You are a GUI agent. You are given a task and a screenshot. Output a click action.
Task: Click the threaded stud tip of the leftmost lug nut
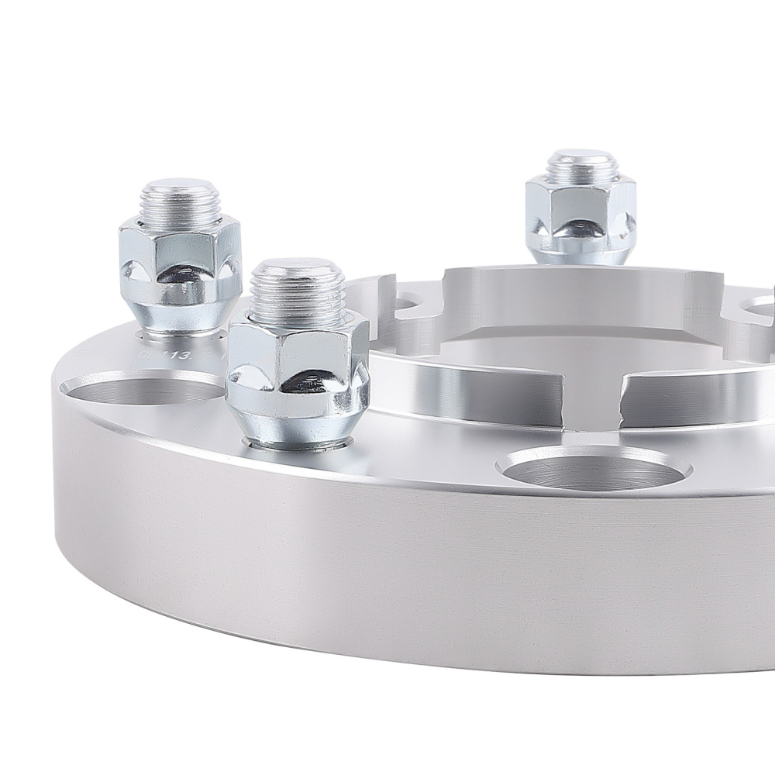point(179,203)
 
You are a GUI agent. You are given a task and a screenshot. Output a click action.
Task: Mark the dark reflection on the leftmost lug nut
point(180,272)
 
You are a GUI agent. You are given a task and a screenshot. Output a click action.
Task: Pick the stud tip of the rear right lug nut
point(582,166)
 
